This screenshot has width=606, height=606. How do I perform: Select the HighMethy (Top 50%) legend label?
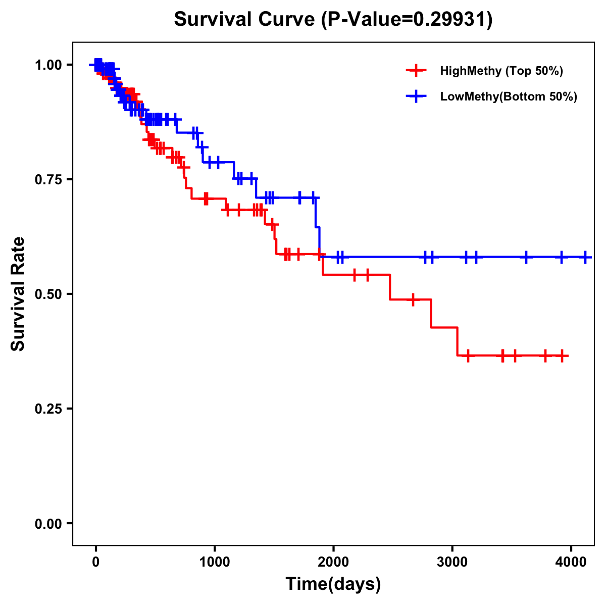coord(501,71)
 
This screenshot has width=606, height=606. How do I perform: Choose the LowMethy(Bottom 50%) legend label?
coord(509,96)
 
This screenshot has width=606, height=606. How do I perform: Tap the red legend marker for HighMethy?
coord(416,71)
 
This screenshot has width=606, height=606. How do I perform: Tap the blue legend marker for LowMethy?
coord(416,96)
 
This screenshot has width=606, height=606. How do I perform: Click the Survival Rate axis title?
coord(18,294)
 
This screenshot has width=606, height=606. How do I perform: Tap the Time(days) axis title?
coord(333,584)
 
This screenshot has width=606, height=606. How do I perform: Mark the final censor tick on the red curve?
coord(562,356)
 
